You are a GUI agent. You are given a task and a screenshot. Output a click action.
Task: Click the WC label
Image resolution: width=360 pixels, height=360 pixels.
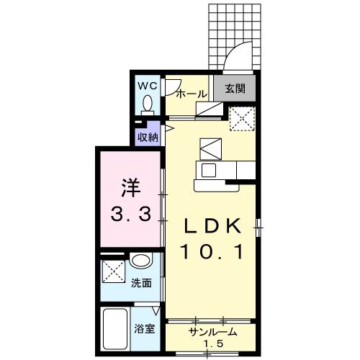coord(148,86)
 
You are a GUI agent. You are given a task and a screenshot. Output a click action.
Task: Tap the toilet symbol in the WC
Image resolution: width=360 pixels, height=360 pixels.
coord(148,106)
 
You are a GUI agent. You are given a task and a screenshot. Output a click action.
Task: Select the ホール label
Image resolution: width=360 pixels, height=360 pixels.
coord(192,94)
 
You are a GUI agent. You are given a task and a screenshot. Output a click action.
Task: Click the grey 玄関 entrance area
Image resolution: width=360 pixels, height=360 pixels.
coord(235,88)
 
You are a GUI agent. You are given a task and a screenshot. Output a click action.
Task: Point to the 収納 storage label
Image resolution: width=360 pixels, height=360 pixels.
coord(148,138)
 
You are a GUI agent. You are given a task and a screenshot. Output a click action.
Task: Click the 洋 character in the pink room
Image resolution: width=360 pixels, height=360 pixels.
coord(131,188)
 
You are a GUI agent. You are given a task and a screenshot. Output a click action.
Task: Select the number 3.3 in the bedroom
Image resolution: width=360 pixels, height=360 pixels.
coord(131,215)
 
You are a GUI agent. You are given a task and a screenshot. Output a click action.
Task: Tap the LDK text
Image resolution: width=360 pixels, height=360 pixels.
coord(212,226)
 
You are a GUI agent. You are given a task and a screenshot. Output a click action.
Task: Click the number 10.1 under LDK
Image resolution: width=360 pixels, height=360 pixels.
coord(212,251)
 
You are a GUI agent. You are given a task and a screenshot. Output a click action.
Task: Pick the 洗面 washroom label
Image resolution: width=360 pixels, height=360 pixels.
coord(141,283)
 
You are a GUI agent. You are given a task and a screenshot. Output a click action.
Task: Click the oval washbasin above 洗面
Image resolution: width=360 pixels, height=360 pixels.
coord(142,260)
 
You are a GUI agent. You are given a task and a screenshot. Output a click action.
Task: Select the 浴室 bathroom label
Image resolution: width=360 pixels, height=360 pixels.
coord(144,328)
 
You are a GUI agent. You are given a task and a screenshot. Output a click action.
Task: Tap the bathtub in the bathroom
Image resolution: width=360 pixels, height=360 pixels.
coord(115,329)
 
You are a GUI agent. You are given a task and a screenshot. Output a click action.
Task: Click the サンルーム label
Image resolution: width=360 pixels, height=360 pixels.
coord(213,332)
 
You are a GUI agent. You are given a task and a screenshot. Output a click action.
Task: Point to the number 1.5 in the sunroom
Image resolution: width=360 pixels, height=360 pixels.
coord(213,344)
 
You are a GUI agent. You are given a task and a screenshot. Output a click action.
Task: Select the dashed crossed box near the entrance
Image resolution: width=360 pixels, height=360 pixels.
coord(242,119)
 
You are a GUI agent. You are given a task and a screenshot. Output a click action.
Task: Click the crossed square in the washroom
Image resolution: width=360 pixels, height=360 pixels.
coord(114,271)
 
